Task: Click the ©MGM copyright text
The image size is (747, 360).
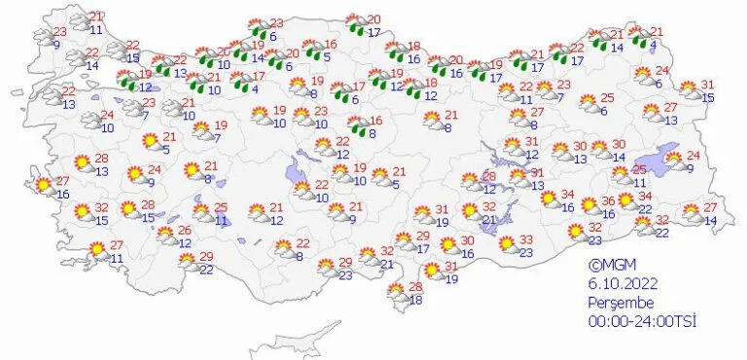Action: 609,264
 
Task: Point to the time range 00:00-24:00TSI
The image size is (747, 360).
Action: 642,321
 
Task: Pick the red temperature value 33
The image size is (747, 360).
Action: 526,240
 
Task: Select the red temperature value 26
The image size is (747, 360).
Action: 184,231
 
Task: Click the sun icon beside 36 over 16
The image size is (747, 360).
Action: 590,205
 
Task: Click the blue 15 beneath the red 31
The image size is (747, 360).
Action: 709,97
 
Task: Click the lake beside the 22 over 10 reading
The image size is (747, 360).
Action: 297,176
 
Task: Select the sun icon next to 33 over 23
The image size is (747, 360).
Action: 507,246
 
